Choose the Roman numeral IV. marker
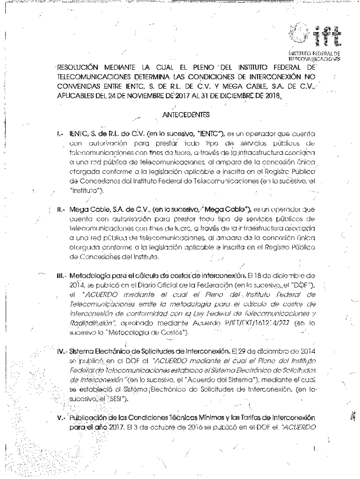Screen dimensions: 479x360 [x=58, y=348]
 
